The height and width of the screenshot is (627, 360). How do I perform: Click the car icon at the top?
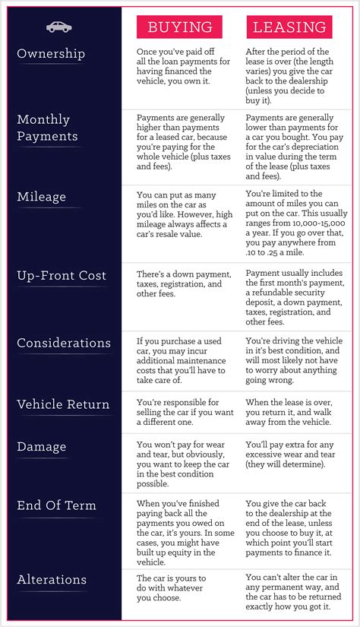(59, 27)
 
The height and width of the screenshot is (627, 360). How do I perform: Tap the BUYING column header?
(179, 27)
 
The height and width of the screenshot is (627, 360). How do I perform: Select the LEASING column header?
(289, 27)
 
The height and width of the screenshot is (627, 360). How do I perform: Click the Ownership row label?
(51, 54)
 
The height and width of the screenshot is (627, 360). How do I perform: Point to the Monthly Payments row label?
(47, 128)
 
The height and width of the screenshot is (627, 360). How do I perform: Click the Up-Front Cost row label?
(62, 275)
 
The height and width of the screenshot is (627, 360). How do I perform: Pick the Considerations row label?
(64, 343)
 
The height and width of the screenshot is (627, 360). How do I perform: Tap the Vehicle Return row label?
(63, 404)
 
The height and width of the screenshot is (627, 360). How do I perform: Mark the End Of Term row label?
(57, 505)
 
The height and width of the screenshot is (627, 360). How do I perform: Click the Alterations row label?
(52, 580)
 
